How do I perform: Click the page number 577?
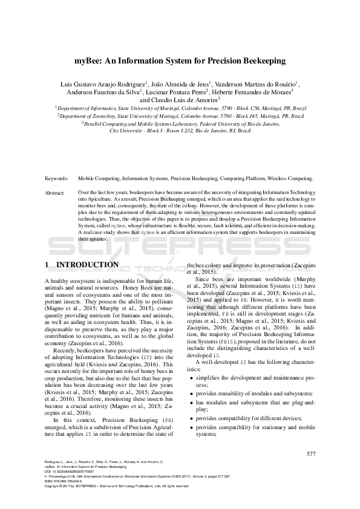coord(311,454)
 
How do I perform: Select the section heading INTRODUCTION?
coord(87,265)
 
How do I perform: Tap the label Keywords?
coord(57,179)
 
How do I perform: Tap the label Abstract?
coord(56,192)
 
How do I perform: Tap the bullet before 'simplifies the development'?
coord(192,376)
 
